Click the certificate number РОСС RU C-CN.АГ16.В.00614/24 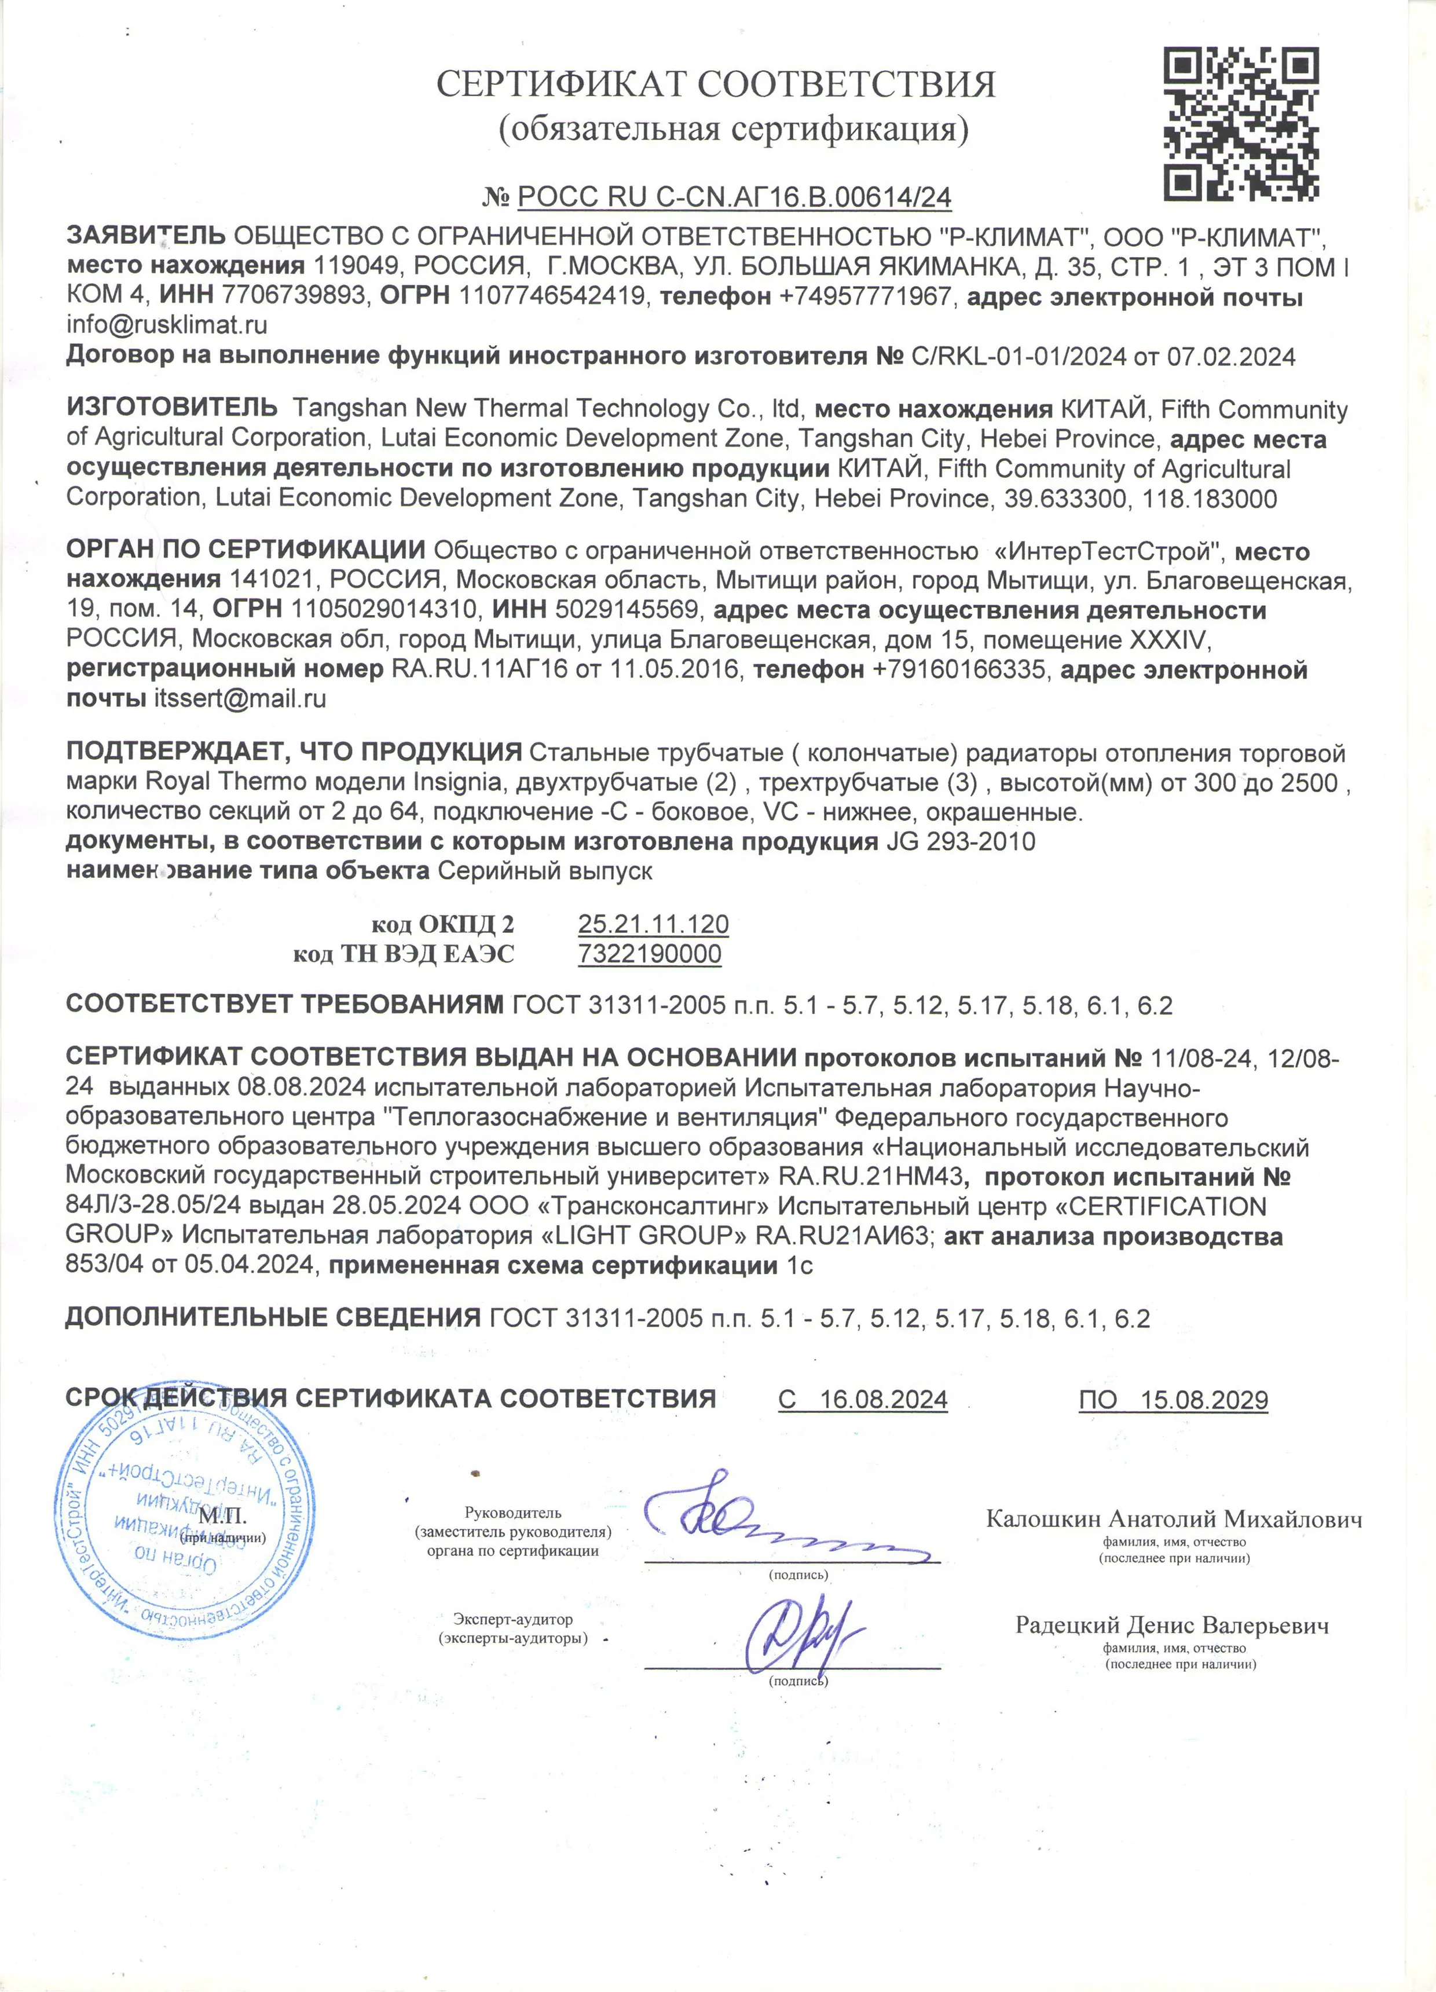pyautogui.click(x=734, y=197)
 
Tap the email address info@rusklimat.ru pyautogui.click(x=167, y=325)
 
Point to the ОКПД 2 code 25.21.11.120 pyautogui.click(x=653, y=924)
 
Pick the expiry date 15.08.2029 pyautogui.click(x=1204, y=1399)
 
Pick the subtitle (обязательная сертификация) pyautogui.click(x=734, y=129)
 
